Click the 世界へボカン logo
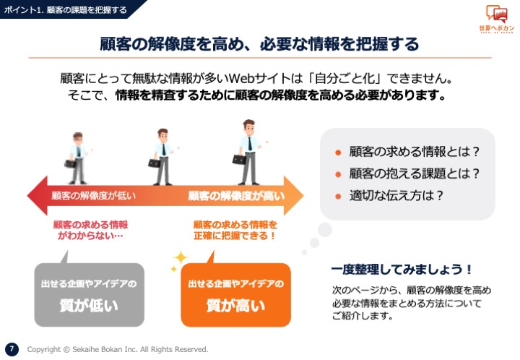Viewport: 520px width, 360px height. pos(496,19)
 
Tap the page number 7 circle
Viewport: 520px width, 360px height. pos(12,349)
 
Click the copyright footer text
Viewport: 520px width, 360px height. pos(118,349)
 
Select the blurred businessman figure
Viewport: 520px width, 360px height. pos(77,158)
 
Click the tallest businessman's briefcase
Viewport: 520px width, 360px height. pos(240,160)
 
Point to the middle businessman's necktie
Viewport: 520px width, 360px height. pos(163,150)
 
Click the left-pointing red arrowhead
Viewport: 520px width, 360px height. pos(38,195)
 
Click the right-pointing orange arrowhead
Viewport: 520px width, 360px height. pos(293,195)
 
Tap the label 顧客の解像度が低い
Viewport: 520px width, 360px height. pos(93,196)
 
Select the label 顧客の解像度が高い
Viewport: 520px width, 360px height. pos(236,196)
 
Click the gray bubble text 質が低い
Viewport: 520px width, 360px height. pos(89,305)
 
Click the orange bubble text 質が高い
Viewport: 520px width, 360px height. pos(235,305)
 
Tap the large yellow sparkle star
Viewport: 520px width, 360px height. pos(181,258)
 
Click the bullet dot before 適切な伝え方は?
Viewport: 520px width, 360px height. pos(338,197)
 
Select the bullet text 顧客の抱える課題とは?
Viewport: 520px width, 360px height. pos(415,173)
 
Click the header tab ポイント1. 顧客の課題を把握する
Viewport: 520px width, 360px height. pos(65,9)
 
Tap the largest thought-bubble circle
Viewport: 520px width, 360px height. pos(325,230)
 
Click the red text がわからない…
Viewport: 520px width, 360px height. pos(90,236)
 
